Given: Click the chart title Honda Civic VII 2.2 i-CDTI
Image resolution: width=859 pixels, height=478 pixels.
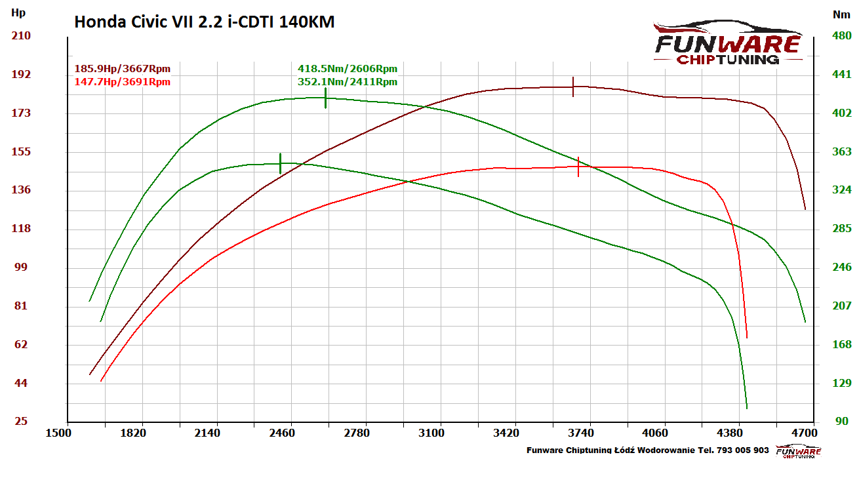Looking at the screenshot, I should pos(204,22).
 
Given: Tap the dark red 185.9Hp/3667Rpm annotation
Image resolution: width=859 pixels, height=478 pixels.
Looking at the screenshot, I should pos(123,68).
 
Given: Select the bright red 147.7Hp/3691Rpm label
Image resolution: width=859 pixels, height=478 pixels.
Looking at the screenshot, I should pos(123,81).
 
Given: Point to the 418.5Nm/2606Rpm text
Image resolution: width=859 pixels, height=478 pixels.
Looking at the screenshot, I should pos(347,68).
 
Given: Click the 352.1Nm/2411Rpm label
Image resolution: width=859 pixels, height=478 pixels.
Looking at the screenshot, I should pos(347,81).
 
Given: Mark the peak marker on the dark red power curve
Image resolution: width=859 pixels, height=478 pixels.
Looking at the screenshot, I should pos(573,87).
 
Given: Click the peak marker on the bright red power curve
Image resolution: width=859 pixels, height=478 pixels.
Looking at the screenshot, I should pos(578,167).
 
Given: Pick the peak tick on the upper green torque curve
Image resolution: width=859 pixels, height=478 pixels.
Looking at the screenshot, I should pos(325,98).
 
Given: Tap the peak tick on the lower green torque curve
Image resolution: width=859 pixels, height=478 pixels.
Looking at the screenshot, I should pos(281,163).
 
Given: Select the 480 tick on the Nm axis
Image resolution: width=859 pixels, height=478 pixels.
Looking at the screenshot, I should pos(841,35).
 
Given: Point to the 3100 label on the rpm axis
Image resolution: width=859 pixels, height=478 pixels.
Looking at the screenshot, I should pos(431,433).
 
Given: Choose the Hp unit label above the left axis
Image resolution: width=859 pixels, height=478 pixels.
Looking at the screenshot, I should pos(18,12).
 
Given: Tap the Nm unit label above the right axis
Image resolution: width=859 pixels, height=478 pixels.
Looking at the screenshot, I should pos(841,13).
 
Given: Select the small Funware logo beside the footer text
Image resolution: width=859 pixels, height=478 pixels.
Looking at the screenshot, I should pos(798,451).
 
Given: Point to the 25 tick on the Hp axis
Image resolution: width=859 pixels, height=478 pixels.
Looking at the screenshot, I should pos(22,421).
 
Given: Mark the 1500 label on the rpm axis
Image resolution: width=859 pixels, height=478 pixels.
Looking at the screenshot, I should pos(58,433).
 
